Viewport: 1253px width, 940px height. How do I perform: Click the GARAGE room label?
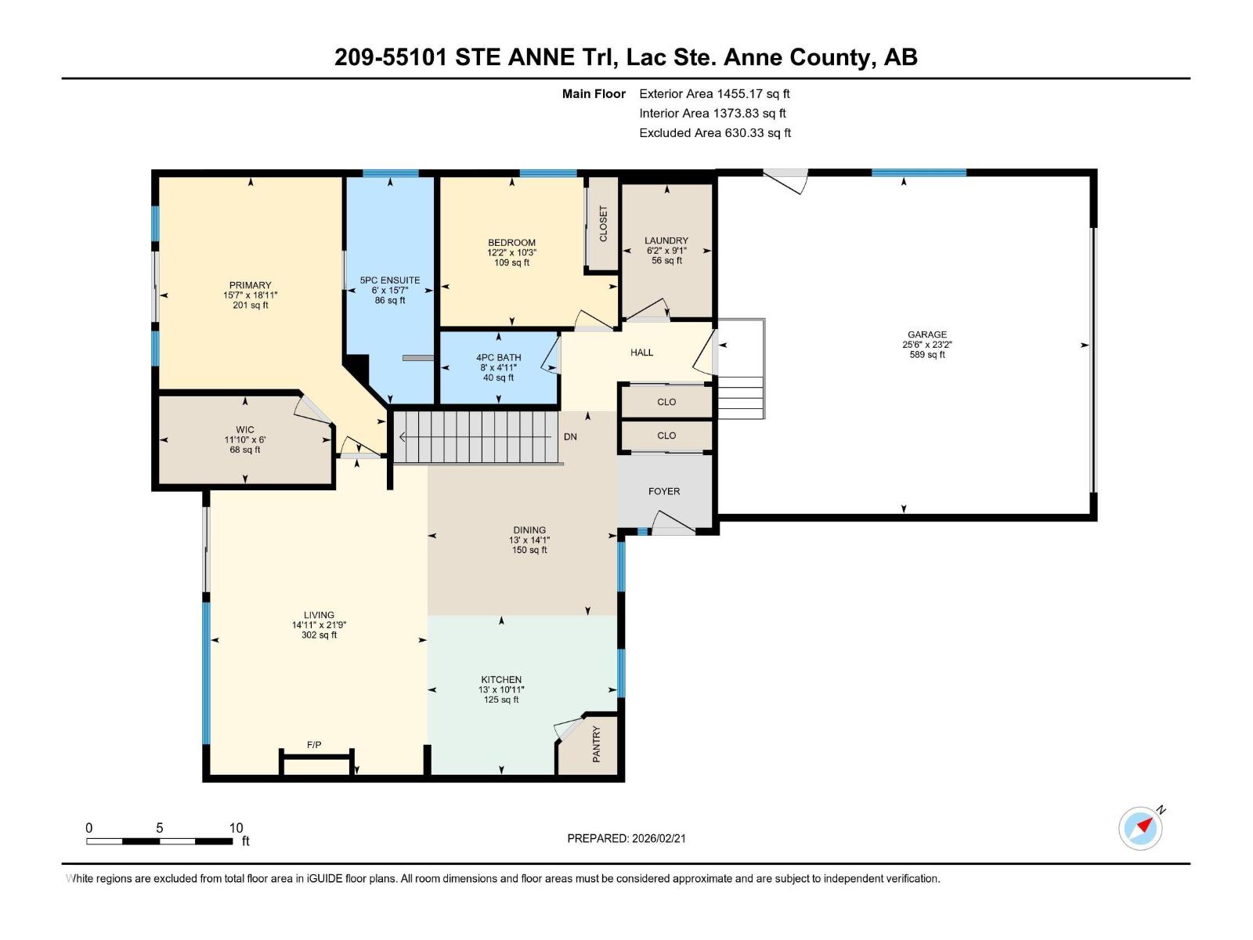(927, 334)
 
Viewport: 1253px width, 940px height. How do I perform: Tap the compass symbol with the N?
(1140, 828)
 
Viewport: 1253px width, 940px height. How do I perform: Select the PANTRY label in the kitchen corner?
(597, 743)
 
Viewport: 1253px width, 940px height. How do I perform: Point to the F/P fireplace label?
(314, 745)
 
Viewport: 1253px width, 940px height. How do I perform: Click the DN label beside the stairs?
(570, 436)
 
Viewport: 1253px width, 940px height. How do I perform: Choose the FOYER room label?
(664, 491)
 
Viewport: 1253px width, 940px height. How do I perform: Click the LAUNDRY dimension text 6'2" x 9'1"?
(666, 251)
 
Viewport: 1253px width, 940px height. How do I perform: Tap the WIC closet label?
(245, 430)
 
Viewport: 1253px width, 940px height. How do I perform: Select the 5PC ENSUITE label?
(390, 280)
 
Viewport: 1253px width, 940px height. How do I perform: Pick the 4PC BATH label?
(499, 358)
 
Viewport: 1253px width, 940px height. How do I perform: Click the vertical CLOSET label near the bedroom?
(603, 224)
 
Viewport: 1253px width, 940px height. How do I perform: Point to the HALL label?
(641, 352)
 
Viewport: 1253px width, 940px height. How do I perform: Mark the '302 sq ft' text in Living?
(319, 634)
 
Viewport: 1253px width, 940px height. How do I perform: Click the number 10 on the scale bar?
(237, 827)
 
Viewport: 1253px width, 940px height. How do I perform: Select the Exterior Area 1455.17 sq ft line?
(715, 93)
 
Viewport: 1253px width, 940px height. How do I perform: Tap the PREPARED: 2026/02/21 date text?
(626, 838)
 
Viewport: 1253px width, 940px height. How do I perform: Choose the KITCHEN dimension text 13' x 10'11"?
(501, 689)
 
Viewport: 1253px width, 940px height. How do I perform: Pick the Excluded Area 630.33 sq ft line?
(715, 133)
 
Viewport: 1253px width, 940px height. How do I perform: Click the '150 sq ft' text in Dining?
(529, 550)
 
